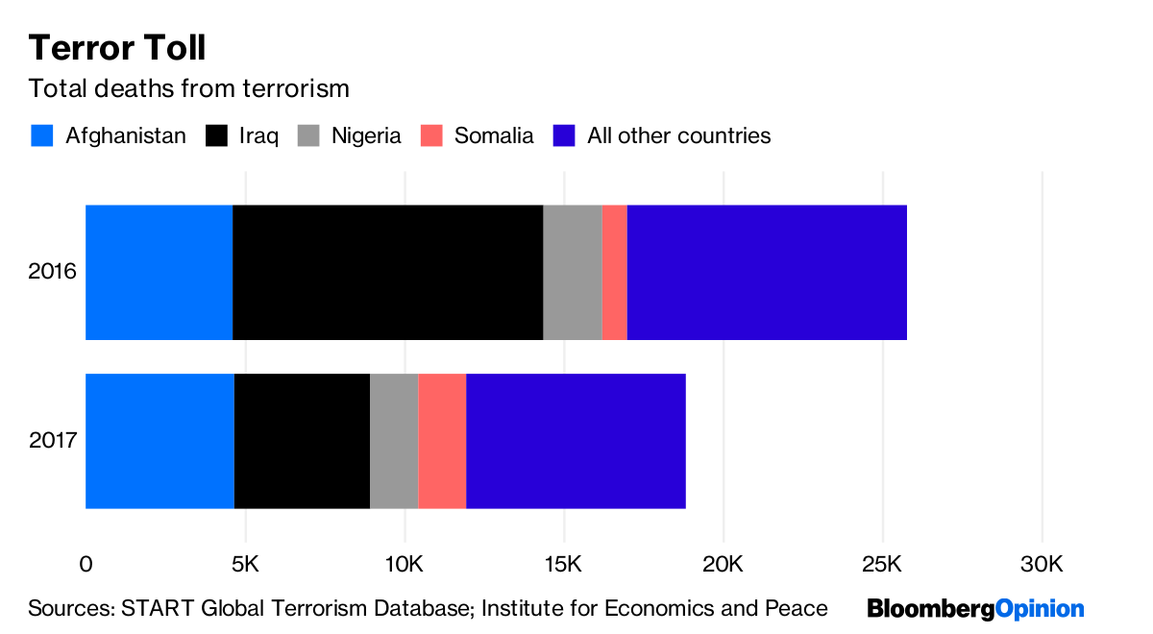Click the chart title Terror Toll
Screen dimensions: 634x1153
point(116,48)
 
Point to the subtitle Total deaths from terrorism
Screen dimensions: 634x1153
point(188,89)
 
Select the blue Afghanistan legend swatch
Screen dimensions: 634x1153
point(42,135)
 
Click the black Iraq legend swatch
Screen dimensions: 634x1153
point(217,135)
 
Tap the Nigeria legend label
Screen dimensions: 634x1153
point(366,135)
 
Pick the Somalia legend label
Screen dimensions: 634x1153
point(494,135)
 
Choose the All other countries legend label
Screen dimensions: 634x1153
point(679,135)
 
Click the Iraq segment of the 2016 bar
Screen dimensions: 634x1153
point(387,272)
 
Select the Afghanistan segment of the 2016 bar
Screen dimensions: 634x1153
point(159,272)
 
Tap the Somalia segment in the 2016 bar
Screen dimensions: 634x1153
point(614,272)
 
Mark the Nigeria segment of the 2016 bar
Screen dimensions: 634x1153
point(572,272)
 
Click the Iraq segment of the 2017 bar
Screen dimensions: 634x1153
point(302,441)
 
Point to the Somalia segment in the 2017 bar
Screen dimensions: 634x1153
point(442,441)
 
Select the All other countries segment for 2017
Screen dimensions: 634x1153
point(576,441)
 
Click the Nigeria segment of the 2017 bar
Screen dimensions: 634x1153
point(394,441)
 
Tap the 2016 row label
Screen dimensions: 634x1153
point(52,272)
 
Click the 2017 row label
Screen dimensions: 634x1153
point(52,441)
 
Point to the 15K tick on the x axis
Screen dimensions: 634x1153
point(564,563)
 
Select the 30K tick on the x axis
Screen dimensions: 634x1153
point(1042,563)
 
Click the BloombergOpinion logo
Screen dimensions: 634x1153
point(975,609)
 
